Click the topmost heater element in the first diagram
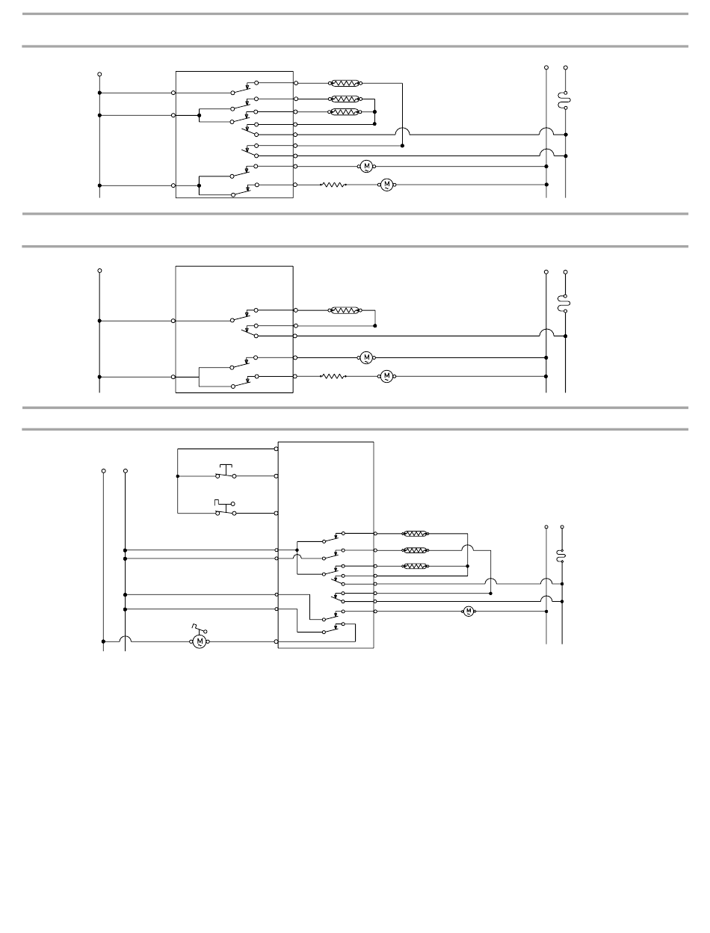(x=346, y=84)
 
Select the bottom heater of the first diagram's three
(x=346, y=112)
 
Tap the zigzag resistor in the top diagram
(x=333, y=185)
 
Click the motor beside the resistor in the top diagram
(x=387, y=185)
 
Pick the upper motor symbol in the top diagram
(x=366, y=166)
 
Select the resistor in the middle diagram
(x=333, y=377)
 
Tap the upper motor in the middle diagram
(x=366, y=357)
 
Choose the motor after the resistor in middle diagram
(x=387, y=377)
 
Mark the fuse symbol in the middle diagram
(x=566, y=302)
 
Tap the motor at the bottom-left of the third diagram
(x=200, y=641)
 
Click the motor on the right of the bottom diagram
(x=469, y=612)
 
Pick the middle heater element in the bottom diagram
(x=416, y=550)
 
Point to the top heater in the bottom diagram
(x=416, y=534)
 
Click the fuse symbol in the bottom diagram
(x=562, y=555)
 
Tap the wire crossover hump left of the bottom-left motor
(x=125, y=639)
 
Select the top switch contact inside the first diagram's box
(x=244, y=87)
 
